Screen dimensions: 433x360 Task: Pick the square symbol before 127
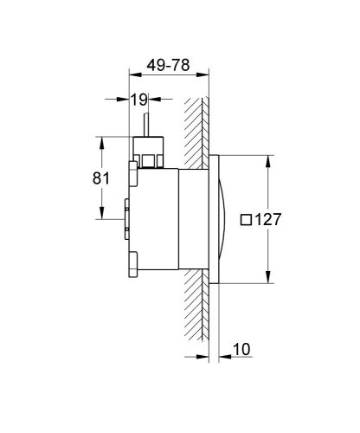coord(245,220)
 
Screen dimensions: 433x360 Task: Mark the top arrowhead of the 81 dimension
coord(103,141)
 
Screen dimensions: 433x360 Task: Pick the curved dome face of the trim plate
coord(227,220)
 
